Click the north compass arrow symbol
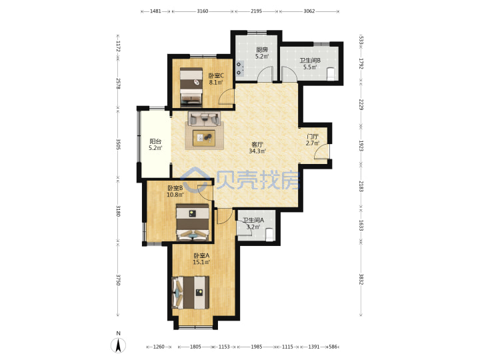coord(118,345)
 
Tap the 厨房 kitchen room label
coord(262,49)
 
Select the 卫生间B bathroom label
coord(310,61)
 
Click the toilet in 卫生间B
coord(331,73)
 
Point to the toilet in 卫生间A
coord(269,235)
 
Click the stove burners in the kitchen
coord(240,69)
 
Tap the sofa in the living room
coord(204,119)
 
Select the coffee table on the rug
coord(204,138)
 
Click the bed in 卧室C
coord(191,87)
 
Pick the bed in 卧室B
coord(193,223)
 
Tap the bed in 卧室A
coord(191,293)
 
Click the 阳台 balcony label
coord(155,141)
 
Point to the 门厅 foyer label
coord(313,137)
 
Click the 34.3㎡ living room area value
coord(257,151)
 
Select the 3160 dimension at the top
coord(203,11)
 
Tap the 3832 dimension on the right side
coord(361,279)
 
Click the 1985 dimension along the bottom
coord(257,347)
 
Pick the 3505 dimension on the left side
coord(118,145)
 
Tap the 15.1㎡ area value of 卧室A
coord(201,262)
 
